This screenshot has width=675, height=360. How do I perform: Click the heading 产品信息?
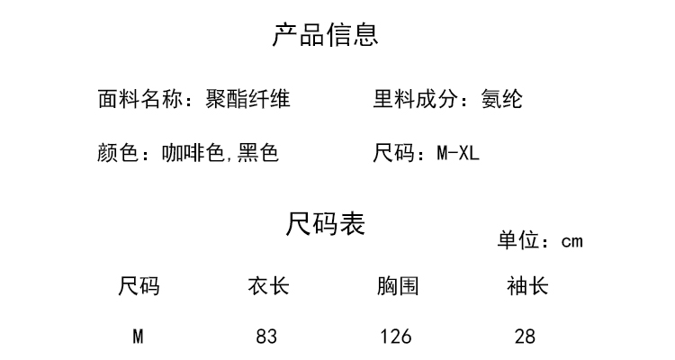(x=326, y=35)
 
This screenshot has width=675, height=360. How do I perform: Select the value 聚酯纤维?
(x=248, y=99)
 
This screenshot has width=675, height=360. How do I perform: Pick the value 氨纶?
(x=501, y=99)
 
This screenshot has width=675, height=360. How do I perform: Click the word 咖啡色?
(x=193, y=153)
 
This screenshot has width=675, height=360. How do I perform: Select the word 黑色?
(x=258, y=153)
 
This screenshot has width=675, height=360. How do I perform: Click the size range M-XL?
(x=458, y=153)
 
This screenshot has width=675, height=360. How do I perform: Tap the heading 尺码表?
(x=326, y=224)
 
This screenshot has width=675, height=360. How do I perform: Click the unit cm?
(x=572, y=241)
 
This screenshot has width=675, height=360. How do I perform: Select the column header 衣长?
(x=268, y=286)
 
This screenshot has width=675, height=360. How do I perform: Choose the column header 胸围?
(x=398, y=286)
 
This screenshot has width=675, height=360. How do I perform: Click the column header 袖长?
(x=527, y=286)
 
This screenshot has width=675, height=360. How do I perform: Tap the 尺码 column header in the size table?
(x=139, y=286)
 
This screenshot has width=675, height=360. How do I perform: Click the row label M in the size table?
(x=139, y=337)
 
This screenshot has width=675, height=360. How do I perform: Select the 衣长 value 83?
(x=266, y=337)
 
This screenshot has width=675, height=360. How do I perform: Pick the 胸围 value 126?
(x=396, y=337)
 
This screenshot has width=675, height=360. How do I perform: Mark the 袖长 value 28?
(x=525, y=337)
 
